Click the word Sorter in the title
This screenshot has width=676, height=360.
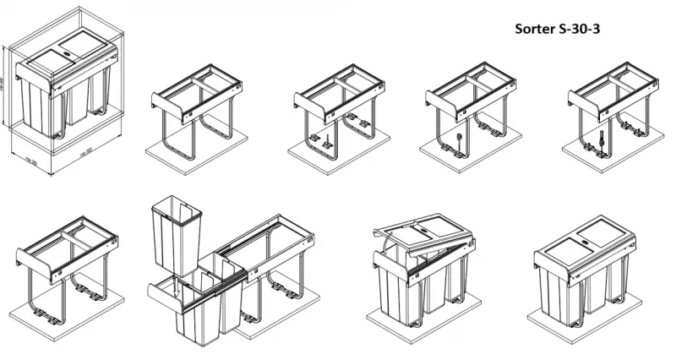pos(536,29)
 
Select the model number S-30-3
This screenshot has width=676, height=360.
pos(580,29)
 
